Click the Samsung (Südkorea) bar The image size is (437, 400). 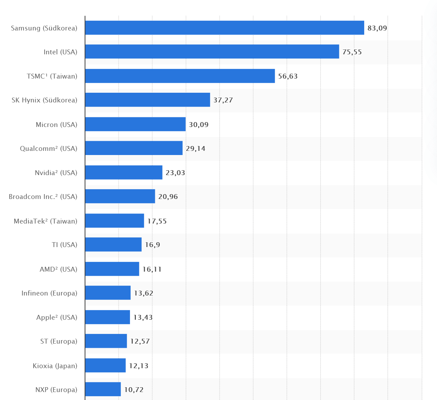(x=225, y=28)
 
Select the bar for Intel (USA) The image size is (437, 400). (x=212, y=52)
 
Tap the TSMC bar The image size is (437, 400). (x=180, y=76)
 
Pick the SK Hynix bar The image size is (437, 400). (x=148, y=100)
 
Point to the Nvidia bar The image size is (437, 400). (x=124, y=172)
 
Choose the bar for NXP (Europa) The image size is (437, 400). (x=103, y=389)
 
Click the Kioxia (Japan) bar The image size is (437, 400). (x=105, y=365)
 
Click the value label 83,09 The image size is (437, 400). (x=377, y=28)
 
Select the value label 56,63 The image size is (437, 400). (x=288, y=76)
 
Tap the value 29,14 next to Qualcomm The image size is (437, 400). (x=195, y=148)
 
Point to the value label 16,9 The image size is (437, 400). (x=152, y=245)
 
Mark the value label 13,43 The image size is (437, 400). (x=143, y=317)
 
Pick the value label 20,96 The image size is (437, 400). (x=168, y=197)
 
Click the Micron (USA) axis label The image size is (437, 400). (x=56, y=125)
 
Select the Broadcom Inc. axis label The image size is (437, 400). (x=43, y=197)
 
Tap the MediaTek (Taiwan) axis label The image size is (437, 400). (x=45, y=221)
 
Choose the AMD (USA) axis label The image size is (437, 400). (x=58, y=269)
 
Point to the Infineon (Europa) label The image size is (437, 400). (x=49, y=293)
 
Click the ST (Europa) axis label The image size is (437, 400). (x=59, y=341)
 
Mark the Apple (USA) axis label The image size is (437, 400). (x=56, y=317)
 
